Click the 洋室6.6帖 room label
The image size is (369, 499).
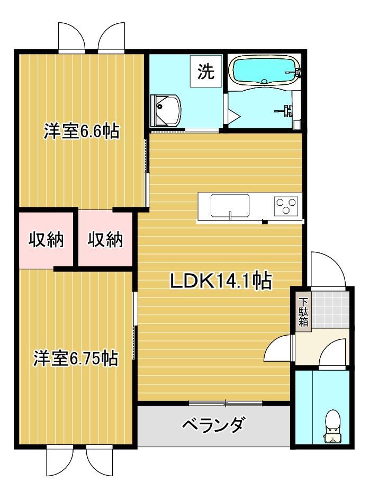click(81, 131)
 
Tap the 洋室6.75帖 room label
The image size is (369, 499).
click(75, 358)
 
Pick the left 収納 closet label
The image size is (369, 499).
click(46, 240)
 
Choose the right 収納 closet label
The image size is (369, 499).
click(105, 240)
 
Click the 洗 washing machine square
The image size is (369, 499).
click(206, 72)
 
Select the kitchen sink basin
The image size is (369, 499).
click(230, 206)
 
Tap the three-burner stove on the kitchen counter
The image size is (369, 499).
click(286, 205)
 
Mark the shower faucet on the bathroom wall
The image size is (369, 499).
click(287, 110)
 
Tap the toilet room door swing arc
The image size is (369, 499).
click(334, 354)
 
